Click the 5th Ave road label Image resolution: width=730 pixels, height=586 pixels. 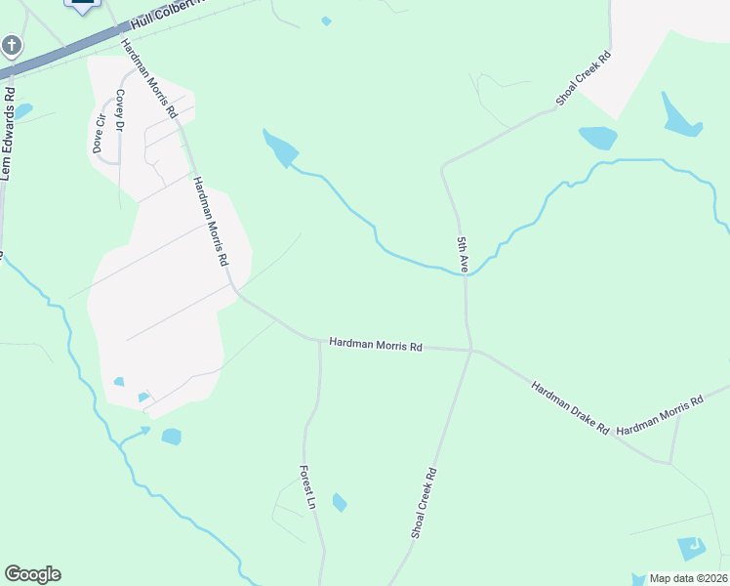point(464,253)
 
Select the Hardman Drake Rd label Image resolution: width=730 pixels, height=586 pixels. point(570,408)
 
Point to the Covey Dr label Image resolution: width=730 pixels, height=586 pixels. point(121,109)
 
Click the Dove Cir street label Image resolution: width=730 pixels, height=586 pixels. point(97,134)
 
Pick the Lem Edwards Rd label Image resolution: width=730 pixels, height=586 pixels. point(7,134)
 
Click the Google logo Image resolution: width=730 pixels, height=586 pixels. point(32,574)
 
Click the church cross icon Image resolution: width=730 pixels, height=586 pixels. point(11,45)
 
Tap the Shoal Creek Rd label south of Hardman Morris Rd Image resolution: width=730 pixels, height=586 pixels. point(423,503)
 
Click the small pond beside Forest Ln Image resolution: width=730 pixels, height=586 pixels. point(339,503)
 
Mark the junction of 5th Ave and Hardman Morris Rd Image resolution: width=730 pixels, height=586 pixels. point(470,349)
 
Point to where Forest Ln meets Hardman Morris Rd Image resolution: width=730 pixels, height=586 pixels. point(320,342)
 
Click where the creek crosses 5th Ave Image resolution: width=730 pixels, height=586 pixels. point(465,274)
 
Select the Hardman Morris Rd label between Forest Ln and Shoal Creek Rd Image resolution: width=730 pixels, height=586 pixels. point(376,345)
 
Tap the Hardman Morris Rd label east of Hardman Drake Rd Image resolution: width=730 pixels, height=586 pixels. point(661,415)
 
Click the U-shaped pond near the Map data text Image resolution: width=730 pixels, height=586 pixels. point(692,549)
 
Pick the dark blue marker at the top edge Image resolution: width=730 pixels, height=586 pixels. point(83,4)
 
